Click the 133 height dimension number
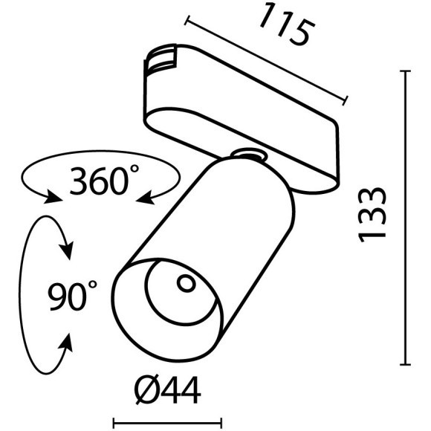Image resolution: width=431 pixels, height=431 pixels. pyautogui.click(x=372, y=214)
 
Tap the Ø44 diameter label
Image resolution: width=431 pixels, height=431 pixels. pyautogui.click(x=166, y=389)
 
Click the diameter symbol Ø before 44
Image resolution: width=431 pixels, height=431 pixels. pyautogui.click(x=145, y=389)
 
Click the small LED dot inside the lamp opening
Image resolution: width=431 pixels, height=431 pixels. pyautogui.click(x=184, y=282)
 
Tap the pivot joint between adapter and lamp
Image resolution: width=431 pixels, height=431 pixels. pyautogui.click(x=249, y=155)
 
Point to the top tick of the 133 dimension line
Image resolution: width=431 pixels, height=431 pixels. pyautogui.click(x=406, y=71)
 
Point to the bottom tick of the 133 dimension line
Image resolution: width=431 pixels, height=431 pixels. pyautogui.click(x=406, y=364)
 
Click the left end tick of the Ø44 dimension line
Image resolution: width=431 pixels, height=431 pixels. pyautogui.click(x=114, y=423)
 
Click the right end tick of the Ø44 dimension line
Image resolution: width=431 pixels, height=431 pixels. pyautogui.click(x=221, y=423)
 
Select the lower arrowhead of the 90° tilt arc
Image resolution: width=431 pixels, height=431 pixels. pyautogui.click(x=66, y=344)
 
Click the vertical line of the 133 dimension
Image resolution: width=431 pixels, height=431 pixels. pyautogui.click(x=406, y=223)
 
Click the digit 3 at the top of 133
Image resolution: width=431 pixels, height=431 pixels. pyautogui.click(x=372, y=196)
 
